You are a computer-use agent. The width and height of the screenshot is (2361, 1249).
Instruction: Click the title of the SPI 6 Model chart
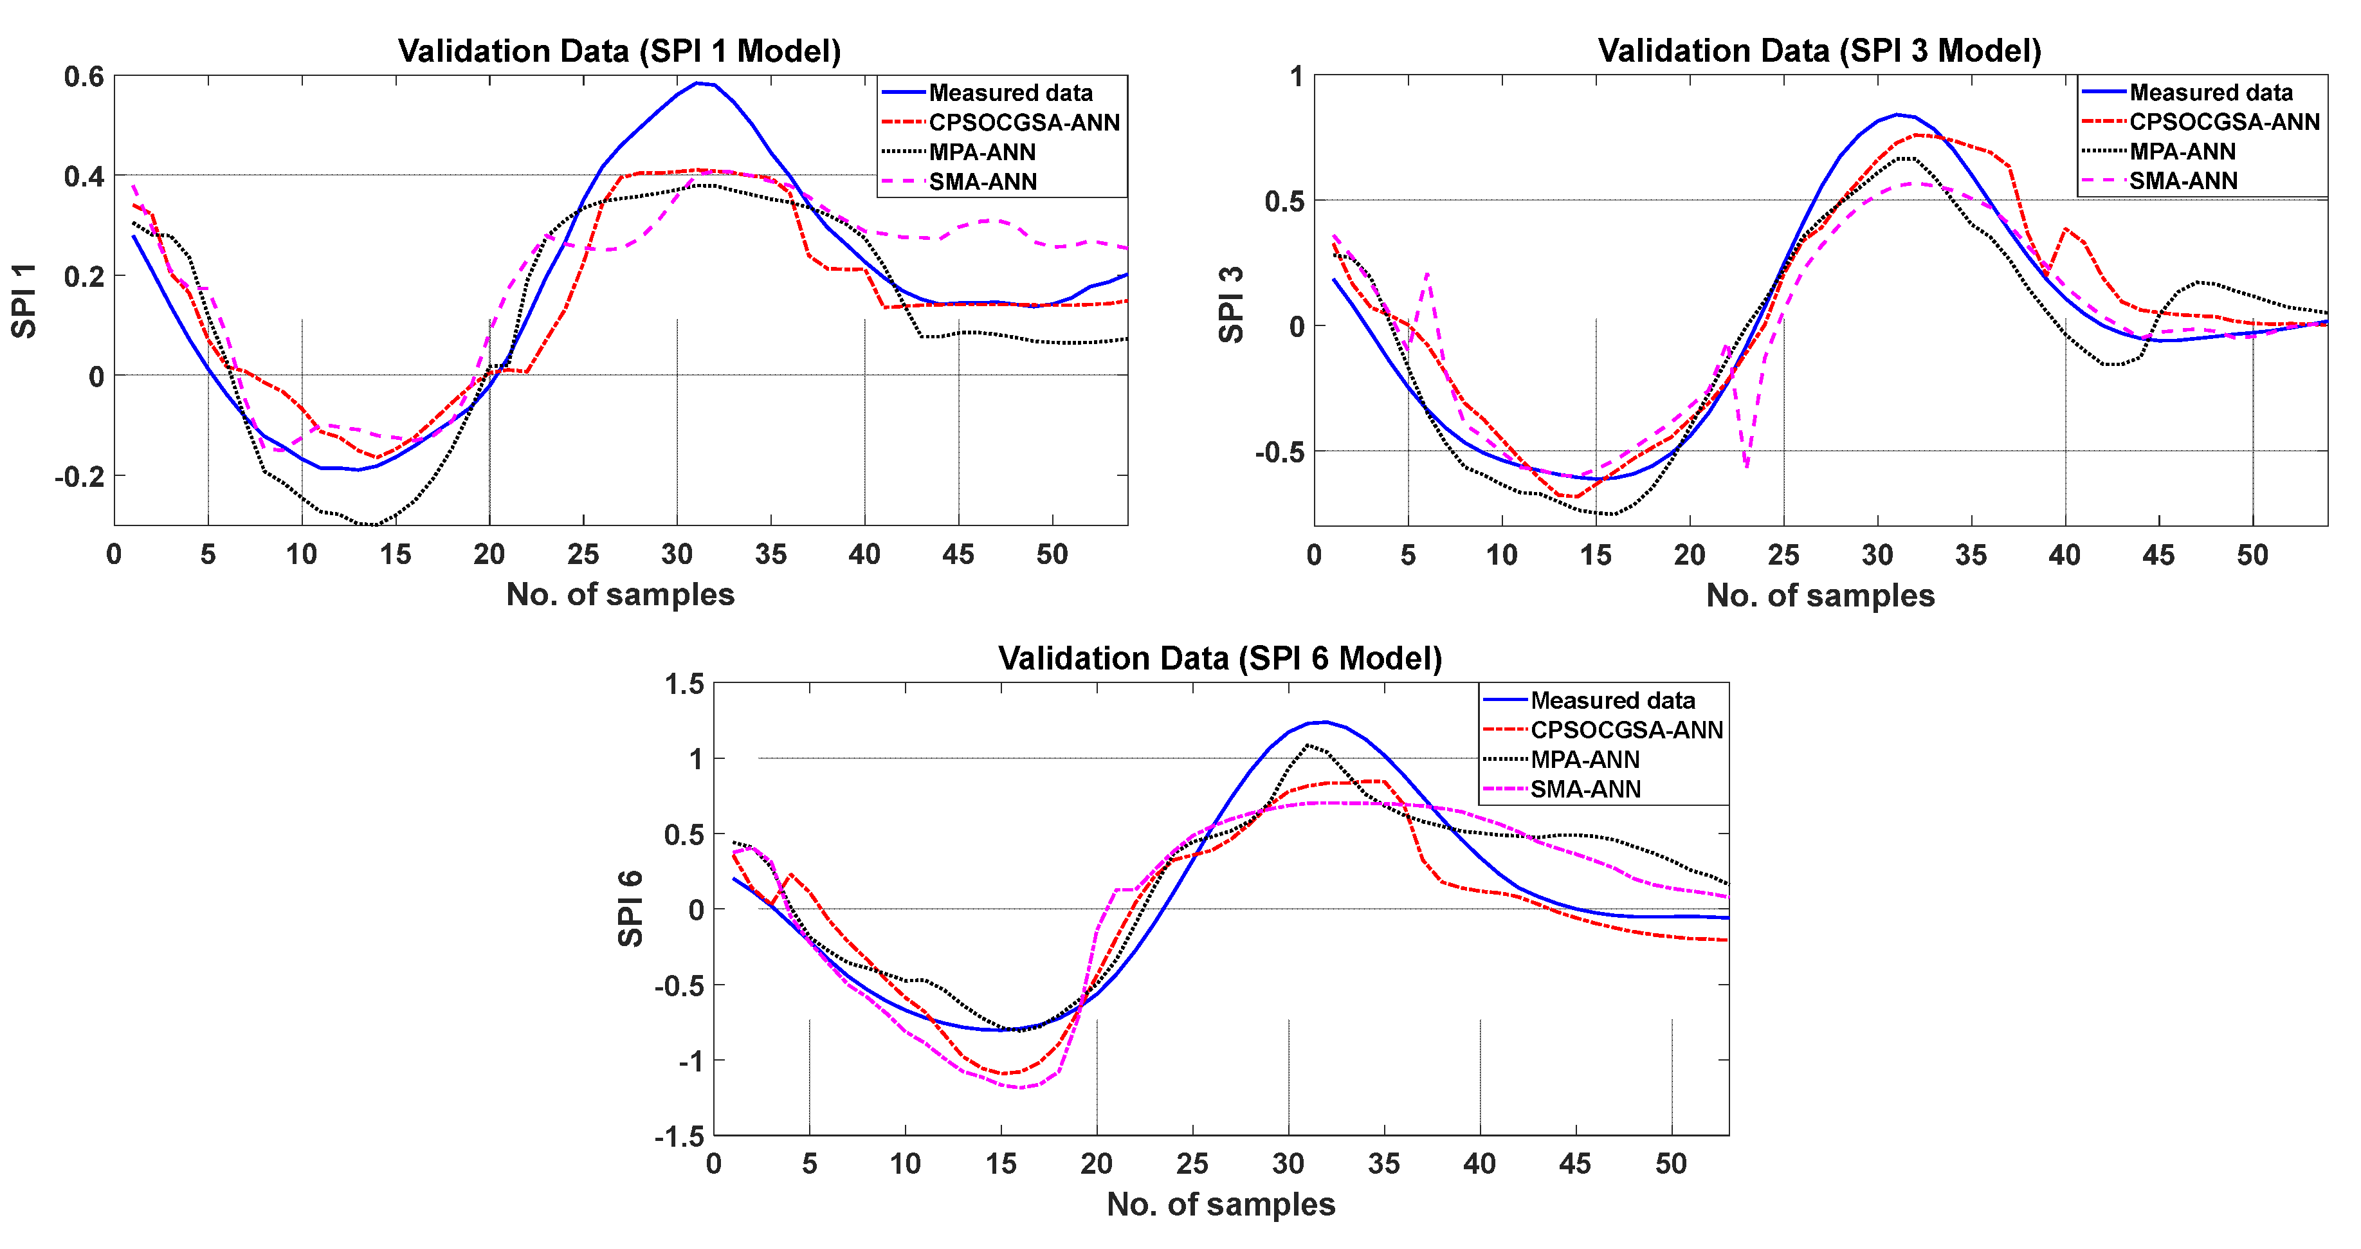coord(1220,658)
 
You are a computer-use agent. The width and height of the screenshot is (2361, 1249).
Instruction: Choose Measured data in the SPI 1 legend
coord(1010,93)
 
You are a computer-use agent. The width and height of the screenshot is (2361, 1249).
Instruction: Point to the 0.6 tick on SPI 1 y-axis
coord(84,76)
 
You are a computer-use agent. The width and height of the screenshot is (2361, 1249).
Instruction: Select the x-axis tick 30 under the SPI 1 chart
coord(677,554)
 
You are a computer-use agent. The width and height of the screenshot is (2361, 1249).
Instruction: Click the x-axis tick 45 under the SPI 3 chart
coord(2158,554)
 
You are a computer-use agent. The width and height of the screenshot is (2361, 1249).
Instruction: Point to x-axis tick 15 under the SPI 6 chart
coord(1001,1163)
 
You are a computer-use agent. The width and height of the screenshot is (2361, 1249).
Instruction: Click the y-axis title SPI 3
coord(1232,304)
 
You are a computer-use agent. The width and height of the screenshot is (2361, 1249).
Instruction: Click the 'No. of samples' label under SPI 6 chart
coord(1220,1204)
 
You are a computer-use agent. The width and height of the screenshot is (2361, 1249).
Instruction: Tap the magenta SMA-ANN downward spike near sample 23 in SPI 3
coord(1747,466)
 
